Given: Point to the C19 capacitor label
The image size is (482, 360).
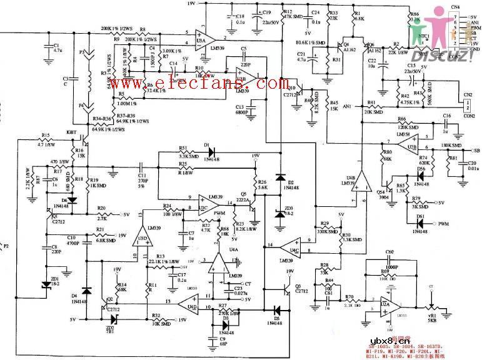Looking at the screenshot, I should point(267,12).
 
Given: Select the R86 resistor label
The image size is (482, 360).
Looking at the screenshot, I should point(414,13).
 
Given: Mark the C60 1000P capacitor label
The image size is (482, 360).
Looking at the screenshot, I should point(389,252).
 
